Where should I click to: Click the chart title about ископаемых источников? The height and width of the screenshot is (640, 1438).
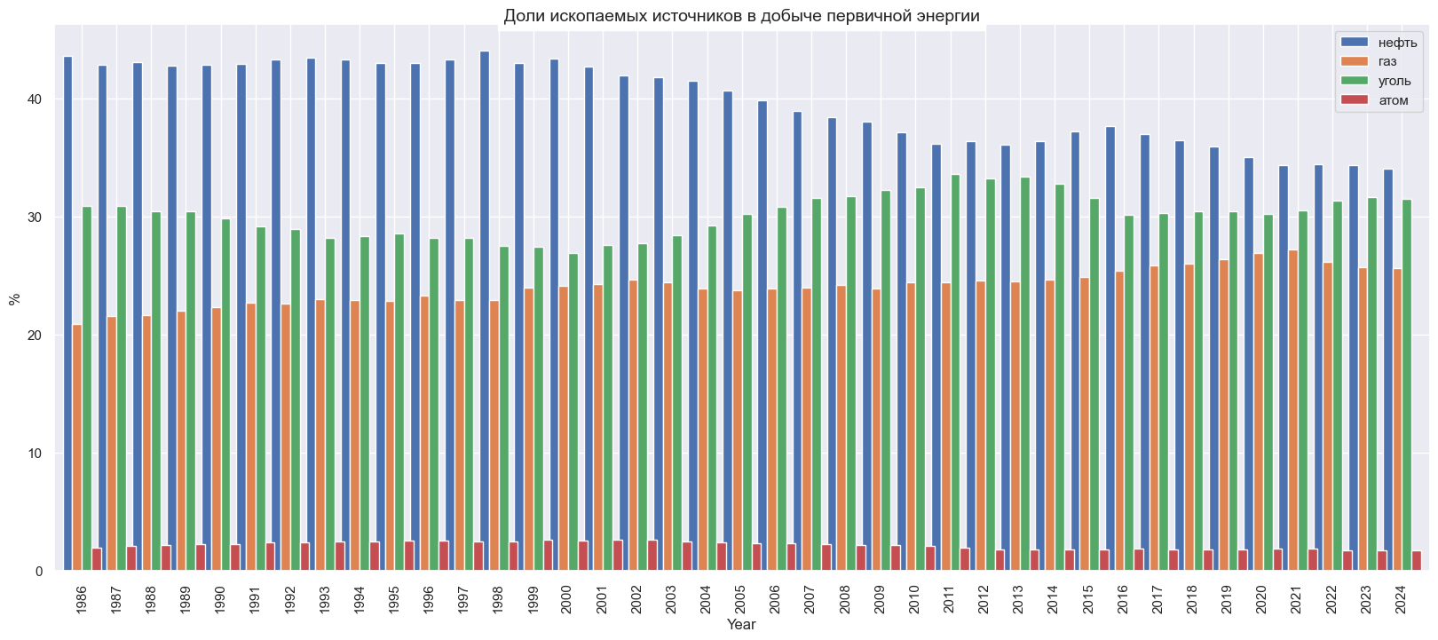[x=741, y=16]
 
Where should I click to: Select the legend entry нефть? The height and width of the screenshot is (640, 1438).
[x=1397, y=43]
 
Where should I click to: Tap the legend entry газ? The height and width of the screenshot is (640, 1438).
[x=1387, y=61]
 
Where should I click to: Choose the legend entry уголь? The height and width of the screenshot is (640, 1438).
[x=1395, y=81]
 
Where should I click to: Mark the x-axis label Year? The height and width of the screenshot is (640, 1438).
[x=741, y=625]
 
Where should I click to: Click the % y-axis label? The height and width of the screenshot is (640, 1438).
[x=13, y=298]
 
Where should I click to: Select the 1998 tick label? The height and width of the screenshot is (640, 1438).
[x=498, y=599]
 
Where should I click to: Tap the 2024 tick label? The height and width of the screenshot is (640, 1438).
[x=1401, y=599]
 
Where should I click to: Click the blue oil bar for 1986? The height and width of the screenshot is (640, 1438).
[x=67, y=311]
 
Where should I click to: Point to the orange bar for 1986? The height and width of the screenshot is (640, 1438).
[x=77, y=448]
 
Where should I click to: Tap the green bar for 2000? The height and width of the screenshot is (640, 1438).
[x=573, y=413]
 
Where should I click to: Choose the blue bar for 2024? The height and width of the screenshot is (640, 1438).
[x=1388, y=368]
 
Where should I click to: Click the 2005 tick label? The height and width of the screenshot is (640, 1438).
[x=741, y=599]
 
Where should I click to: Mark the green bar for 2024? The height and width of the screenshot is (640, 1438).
[x=1407, y=386]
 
